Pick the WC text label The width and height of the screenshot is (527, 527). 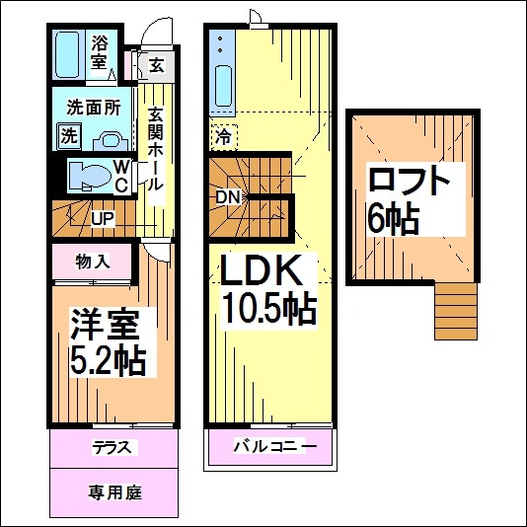pyautogui.click(x=119, y=176)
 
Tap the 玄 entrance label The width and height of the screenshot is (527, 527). pyautogui.click(x=157, y=67)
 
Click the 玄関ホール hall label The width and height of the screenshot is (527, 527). pyautogui.click(x=156, y=148)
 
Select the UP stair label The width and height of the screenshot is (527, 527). pyautogui.click(x=102, y=217)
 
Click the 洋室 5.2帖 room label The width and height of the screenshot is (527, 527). pyautogui.click(x=109, y=341)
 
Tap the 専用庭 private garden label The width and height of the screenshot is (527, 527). pyautogui.click(x=113, y=490)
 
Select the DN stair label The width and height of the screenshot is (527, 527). pyautogui.click(x=228, y=196)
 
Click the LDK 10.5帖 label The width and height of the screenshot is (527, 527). pyautogui.click(x=265, y=292)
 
